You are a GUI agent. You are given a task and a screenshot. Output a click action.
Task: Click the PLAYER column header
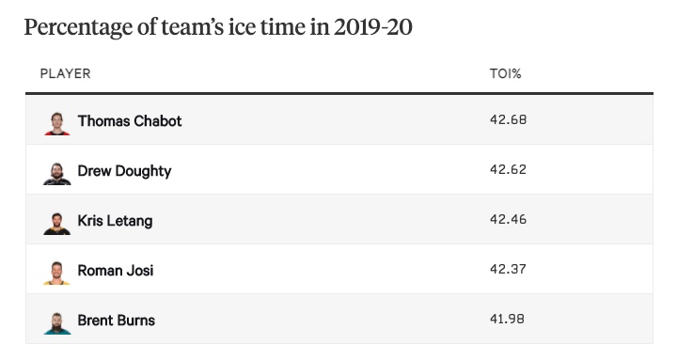pyautogui.click(x=65, y=74)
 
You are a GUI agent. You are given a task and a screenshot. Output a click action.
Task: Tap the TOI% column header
pyautogui.click(x=505, y=74)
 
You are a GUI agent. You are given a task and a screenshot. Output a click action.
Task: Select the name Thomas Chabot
pyautogui.click(x=130, y=121)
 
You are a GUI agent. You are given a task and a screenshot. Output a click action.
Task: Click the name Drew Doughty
pyautogui.click(x=124, y=171)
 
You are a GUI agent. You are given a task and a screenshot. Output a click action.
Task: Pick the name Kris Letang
pyautogui.click(x=115, y=221)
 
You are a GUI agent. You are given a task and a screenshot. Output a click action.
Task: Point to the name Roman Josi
pyautogui.click(x=116, y=270)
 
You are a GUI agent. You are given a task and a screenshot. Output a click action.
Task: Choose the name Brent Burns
pyautogui.click(x=117, y=321)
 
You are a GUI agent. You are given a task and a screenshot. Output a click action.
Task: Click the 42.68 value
pyautogui.click(x=508, y=119)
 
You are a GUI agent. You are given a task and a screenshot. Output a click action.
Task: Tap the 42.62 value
pyautogui.click(x=508, y=169)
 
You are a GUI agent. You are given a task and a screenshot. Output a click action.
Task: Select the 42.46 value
pyautogui.click(x=508, y=219)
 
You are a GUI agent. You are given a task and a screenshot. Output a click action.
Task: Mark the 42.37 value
pyautogui.click(x=508, y=269)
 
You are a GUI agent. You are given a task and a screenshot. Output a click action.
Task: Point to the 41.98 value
pyautogui.click(x=507, y=319)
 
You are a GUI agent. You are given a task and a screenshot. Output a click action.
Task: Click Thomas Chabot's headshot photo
pyautogui.click(x=57, y=123)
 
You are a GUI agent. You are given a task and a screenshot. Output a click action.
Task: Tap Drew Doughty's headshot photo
pyautogui.click(x=57, y=174)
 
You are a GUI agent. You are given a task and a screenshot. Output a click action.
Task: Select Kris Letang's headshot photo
pyautogui.click(x=57, y=223)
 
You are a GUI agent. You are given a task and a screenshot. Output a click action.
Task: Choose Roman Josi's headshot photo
pyautogui.click(x=56, y=274)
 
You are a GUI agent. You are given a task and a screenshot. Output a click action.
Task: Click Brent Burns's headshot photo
pyautogui.click(x=57, y=323)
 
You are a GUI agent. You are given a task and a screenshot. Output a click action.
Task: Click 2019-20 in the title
pyautogui.click(x=373, y=27)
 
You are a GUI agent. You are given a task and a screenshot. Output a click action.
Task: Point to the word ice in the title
pyautogui.click(x=243, y=27)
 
